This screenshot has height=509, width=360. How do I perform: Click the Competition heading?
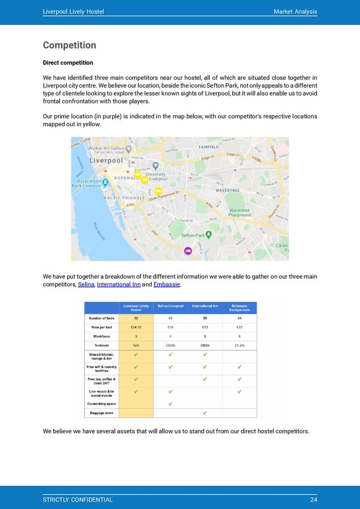[x=69, y=45]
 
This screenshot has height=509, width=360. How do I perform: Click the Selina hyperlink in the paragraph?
[x=86, y=284]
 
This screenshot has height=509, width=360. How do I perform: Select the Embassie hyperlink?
[x=167, y=284]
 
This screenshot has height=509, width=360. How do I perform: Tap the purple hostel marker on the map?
[x=188, y=251]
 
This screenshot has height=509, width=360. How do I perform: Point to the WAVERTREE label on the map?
[x=228, y=190]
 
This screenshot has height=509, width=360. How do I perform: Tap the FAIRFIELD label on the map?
[x=209, y=147]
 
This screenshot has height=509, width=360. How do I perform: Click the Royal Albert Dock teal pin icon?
[x=105, y=182]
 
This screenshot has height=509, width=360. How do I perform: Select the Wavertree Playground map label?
[x=239, y=213]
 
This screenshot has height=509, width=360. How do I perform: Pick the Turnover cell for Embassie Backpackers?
[x=239, y=345]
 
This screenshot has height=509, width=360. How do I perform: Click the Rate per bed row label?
[x=101, y=327]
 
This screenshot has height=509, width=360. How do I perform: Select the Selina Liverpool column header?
[x=171, y=306]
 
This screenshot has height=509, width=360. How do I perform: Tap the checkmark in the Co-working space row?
[x=171, y=404]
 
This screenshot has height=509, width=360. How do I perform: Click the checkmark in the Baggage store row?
[x=205, y=413]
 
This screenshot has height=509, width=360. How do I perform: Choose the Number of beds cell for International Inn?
[x=205, y=318]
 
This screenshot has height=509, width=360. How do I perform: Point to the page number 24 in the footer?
[x=313, y=500]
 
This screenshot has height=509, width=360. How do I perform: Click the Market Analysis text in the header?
[x=295, y=11]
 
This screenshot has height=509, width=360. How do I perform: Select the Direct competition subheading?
[x=68, y=63]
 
